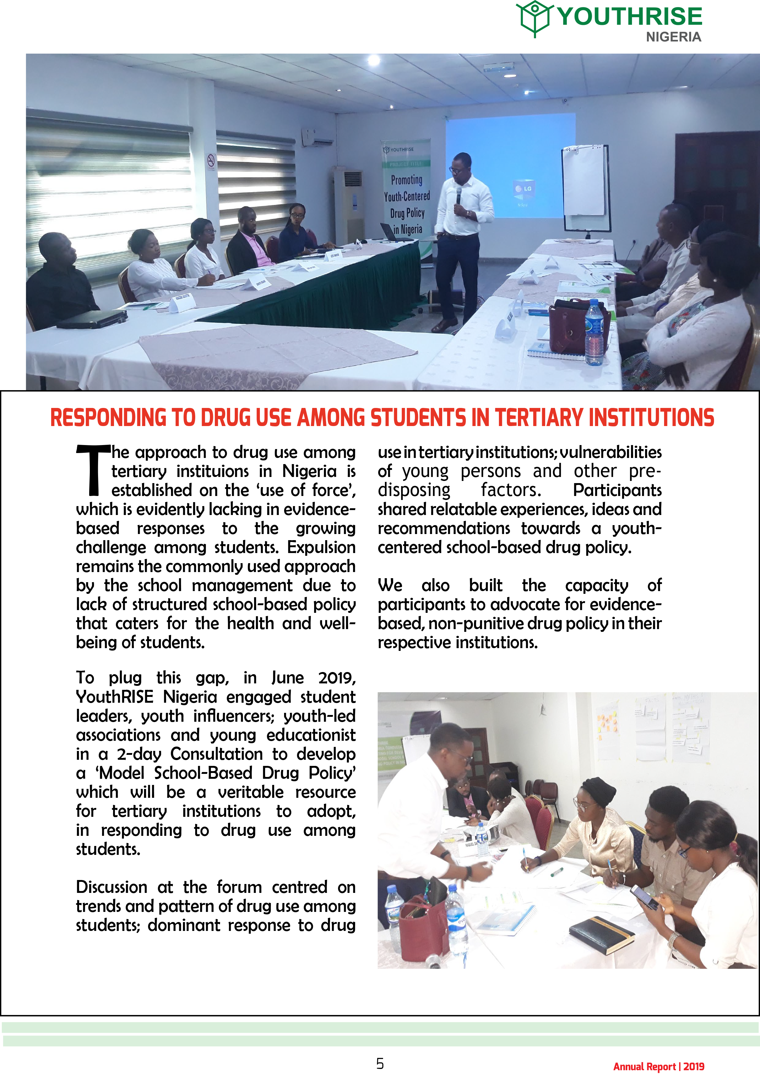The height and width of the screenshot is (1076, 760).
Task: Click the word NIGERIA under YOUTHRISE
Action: pyautogui.click(x=673, y=37)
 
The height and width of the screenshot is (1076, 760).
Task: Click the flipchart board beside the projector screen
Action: pyautogui.click(x=585, y=187)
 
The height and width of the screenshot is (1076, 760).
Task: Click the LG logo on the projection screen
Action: pyautogui.click(x=523, y=188)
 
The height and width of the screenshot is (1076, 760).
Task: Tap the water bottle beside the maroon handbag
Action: pyautogui.click(x=594, y=333)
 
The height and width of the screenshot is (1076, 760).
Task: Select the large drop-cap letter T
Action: pyautogui.click(x=94, y=470)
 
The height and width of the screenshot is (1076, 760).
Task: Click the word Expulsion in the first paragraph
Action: pyautogui.click(x=321, y=548)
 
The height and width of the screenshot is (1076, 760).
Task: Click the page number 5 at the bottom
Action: pyautogui.click(x=380, y=1063)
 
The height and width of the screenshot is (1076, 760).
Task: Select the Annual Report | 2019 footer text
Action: pyautogui.click(x=658, y=1066)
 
